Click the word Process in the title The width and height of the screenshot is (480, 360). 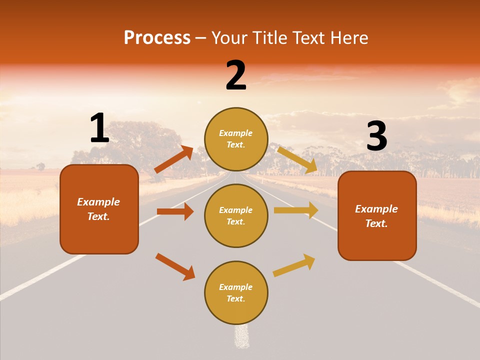point(157,38)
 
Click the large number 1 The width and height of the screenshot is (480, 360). point(99,128)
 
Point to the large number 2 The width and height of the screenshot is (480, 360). point(236,75)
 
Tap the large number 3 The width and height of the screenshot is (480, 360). point(376,136)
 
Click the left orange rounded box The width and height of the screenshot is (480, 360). point(99,209)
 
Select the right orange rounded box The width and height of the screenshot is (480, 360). point(377,215)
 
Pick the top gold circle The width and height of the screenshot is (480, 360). point(236,139)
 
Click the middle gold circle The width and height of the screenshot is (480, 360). point(236,215)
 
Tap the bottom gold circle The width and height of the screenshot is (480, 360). point(236,292)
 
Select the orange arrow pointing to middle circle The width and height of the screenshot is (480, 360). point(175,211)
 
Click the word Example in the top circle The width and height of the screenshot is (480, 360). point(236,133)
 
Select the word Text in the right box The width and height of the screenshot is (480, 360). point(376,223)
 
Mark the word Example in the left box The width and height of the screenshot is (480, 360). point(98,202)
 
